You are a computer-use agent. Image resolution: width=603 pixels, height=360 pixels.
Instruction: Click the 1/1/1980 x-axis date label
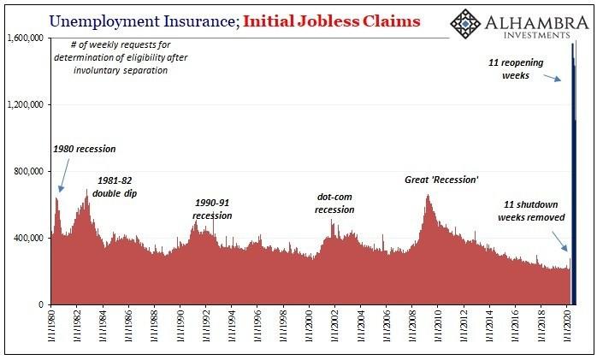[x=51, y=328]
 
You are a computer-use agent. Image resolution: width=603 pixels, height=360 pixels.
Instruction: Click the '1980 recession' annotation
[x=83, y=149]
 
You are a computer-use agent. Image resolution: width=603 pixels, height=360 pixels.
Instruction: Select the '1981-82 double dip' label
[x=113, y=186]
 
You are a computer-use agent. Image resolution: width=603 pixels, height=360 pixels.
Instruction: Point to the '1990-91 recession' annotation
[x=212, y=209]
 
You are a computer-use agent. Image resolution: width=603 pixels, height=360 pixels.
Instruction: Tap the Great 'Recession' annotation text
[x=441, y=180]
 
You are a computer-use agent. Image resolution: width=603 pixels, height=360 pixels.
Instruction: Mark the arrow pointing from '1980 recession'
[x=59, y=176]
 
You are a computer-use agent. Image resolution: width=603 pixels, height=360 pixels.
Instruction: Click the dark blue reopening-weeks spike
[x=574, y=171]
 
